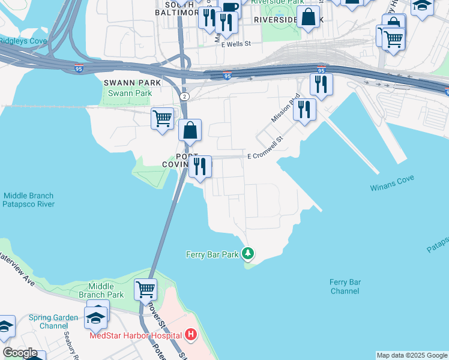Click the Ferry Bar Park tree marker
click(x=248, y=254)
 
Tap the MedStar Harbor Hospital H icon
click(x=191, y=334)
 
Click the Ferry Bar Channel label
click(x=345, y=286)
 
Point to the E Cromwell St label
click(x=265, y=155)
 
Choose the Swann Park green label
click(x=130, y=93)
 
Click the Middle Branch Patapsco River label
click(x=28, y=200)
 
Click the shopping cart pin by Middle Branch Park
click(x=146, y=289)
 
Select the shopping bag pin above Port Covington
click(x=190, y=130)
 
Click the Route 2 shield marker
click(x=184, y=96)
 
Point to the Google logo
click(x=19, y=353)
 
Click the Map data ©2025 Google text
click(x=412, y=355)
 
